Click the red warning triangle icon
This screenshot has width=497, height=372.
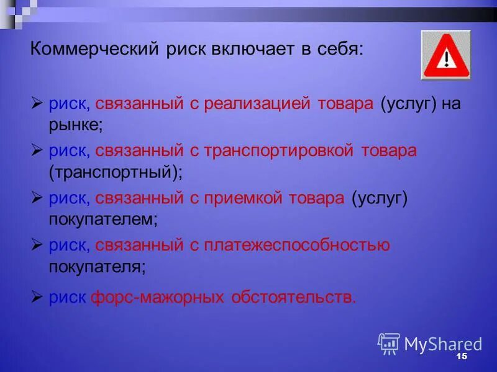point(445,55)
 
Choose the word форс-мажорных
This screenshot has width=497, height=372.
point(157,298)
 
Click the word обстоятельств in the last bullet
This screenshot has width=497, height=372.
point(293,298)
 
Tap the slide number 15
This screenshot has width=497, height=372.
point(461,358)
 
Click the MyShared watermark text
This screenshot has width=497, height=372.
point(443,344)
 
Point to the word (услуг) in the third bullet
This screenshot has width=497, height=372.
point(378,198)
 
